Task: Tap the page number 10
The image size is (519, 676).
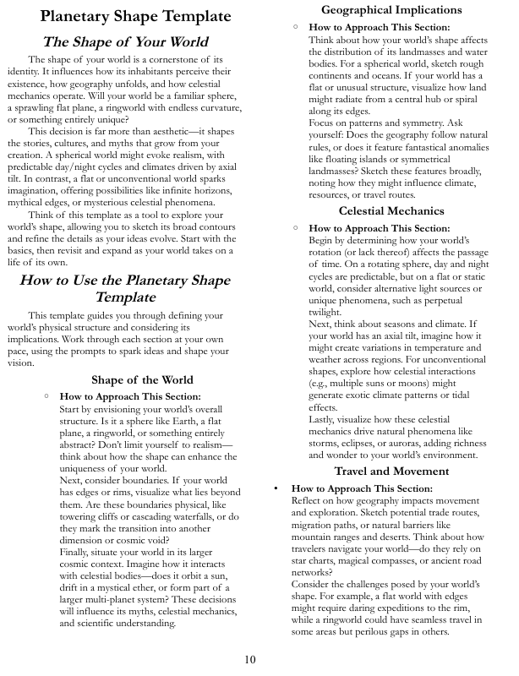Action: tap(250, 659)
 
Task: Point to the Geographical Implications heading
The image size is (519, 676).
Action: tap(391, 10)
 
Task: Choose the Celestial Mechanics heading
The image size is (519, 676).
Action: tap(391, 210)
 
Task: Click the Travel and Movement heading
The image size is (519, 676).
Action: tap(391, 471)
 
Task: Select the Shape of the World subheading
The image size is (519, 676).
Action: tap(142, 379)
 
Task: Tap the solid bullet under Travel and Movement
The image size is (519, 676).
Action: tap(276, 488)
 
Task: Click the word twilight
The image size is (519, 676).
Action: tap(325, 312)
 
